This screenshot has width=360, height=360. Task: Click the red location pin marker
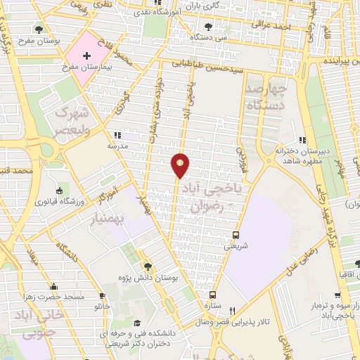[x=181, y=165]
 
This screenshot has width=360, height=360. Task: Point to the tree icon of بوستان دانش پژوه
[x=148, y=266]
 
